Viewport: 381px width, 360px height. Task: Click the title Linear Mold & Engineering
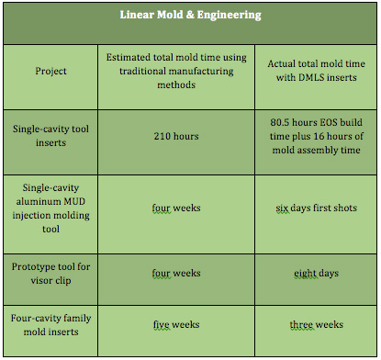191,16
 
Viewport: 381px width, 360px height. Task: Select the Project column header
50,71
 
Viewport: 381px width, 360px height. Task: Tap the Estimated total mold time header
176,71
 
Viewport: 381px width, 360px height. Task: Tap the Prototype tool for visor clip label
50,273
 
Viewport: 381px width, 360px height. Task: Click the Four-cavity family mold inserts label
50,324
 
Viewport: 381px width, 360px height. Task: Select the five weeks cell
176,324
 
